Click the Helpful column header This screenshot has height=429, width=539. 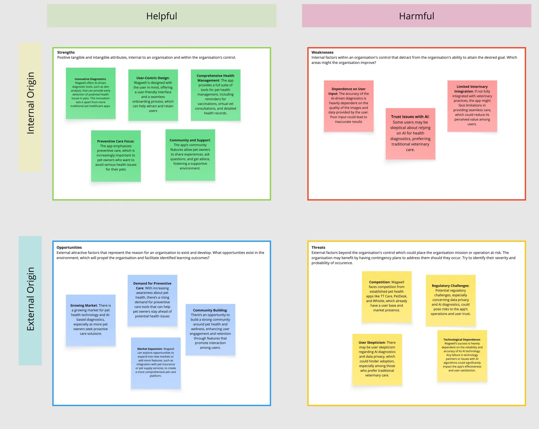(x=161, y=16)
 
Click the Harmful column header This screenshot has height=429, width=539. (x=416, y=16)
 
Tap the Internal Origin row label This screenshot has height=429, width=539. (x=30, y=103)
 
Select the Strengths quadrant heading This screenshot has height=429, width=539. (x=66, y=52)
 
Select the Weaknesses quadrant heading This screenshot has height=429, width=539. (x=322, y=52)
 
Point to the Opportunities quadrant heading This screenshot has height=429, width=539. (x=69, y=247)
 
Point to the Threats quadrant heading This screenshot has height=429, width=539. (x=318, y=247)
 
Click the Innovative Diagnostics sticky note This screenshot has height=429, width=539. (x=91, y=93)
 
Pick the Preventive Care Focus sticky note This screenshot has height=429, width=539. (x=116, y=156)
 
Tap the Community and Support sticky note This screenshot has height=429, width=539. (x=190, y=155)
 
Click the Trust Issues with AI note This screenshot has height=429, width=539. (x=410, y=133)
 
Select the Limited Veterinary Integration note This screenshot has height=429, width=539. (x=472, y=106)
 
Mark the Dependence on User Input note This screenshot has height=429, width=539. (x=348, y=106)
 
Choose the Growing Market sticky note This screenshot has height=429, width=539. (x=91, y=320)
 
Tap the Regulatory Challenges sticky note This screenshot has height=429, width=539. (x=451, y=300)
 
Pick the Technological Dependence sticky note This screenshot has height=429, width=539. (x=462, y=355)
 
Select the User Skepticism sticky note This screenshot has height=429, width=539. (x=377, y=359)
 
